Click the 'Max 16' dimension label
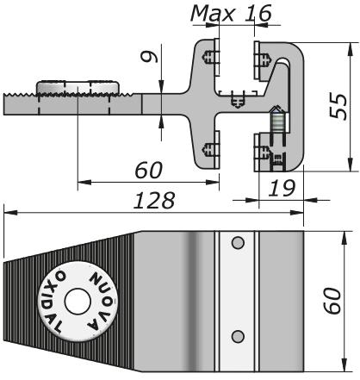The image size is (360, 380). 230,13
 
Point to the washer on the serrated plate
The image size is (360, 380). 78,88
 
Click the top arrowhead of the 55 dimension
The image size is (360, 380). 349,40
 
